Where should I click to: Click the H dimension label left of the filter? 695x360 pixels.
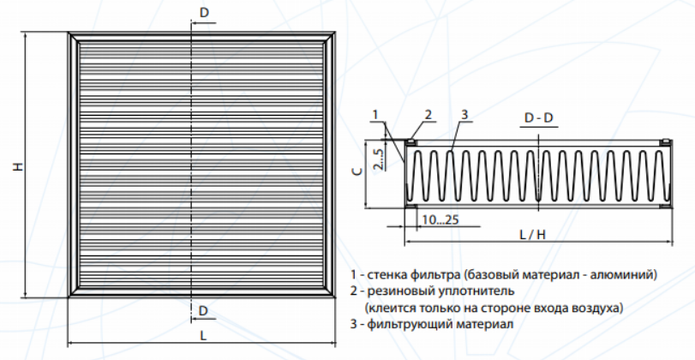click(x=17, y=166)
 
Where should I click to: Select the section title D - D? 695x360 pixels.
click(x=537, y=117)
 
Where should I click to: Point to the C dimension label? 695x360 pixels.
click(x=361, y=171)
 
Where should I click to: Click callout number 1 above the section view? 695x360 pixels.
click(x=376, y=114)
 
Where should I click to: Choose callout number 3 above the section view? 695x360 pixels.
click(x=464, y=114)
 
